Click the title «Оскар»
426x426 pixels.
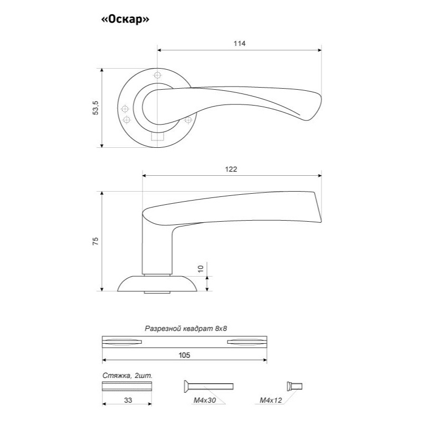125,20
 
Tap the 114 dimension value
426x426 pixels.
239,43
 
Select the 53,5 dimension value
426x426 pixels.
96,108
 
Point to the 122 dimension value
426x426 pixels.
231,169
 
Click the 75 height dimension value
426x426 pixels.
96,241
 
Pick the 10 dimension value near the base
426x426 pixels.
201,269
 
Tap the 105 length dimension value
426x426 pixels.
184,355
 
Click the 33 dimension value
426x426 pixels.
128,400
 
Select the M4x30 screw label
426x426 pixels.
205,400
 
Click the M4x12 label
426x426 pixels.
271,400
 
